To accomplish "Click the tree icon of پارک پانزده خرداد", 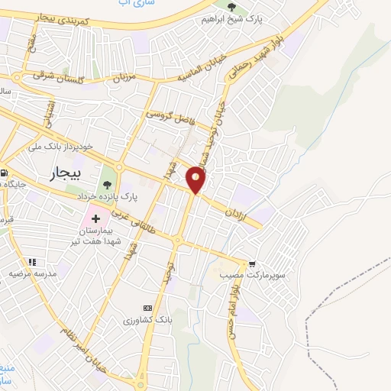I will coord(106,184).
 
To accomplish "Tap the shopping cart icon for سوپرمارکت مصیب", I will coord(250,261).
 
